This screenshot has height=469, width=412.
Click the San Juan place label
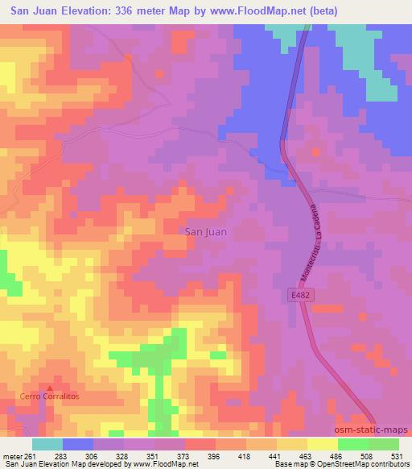(206, 231)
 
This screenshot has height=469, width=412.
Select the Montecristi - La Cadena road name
(310, 242)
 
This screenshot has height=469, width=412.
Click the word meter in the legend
(11, 454)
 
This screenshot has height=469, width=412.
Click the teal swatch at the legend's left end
(47, 444)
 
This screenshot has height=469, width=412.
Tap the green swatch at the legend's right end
(383, 444)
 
